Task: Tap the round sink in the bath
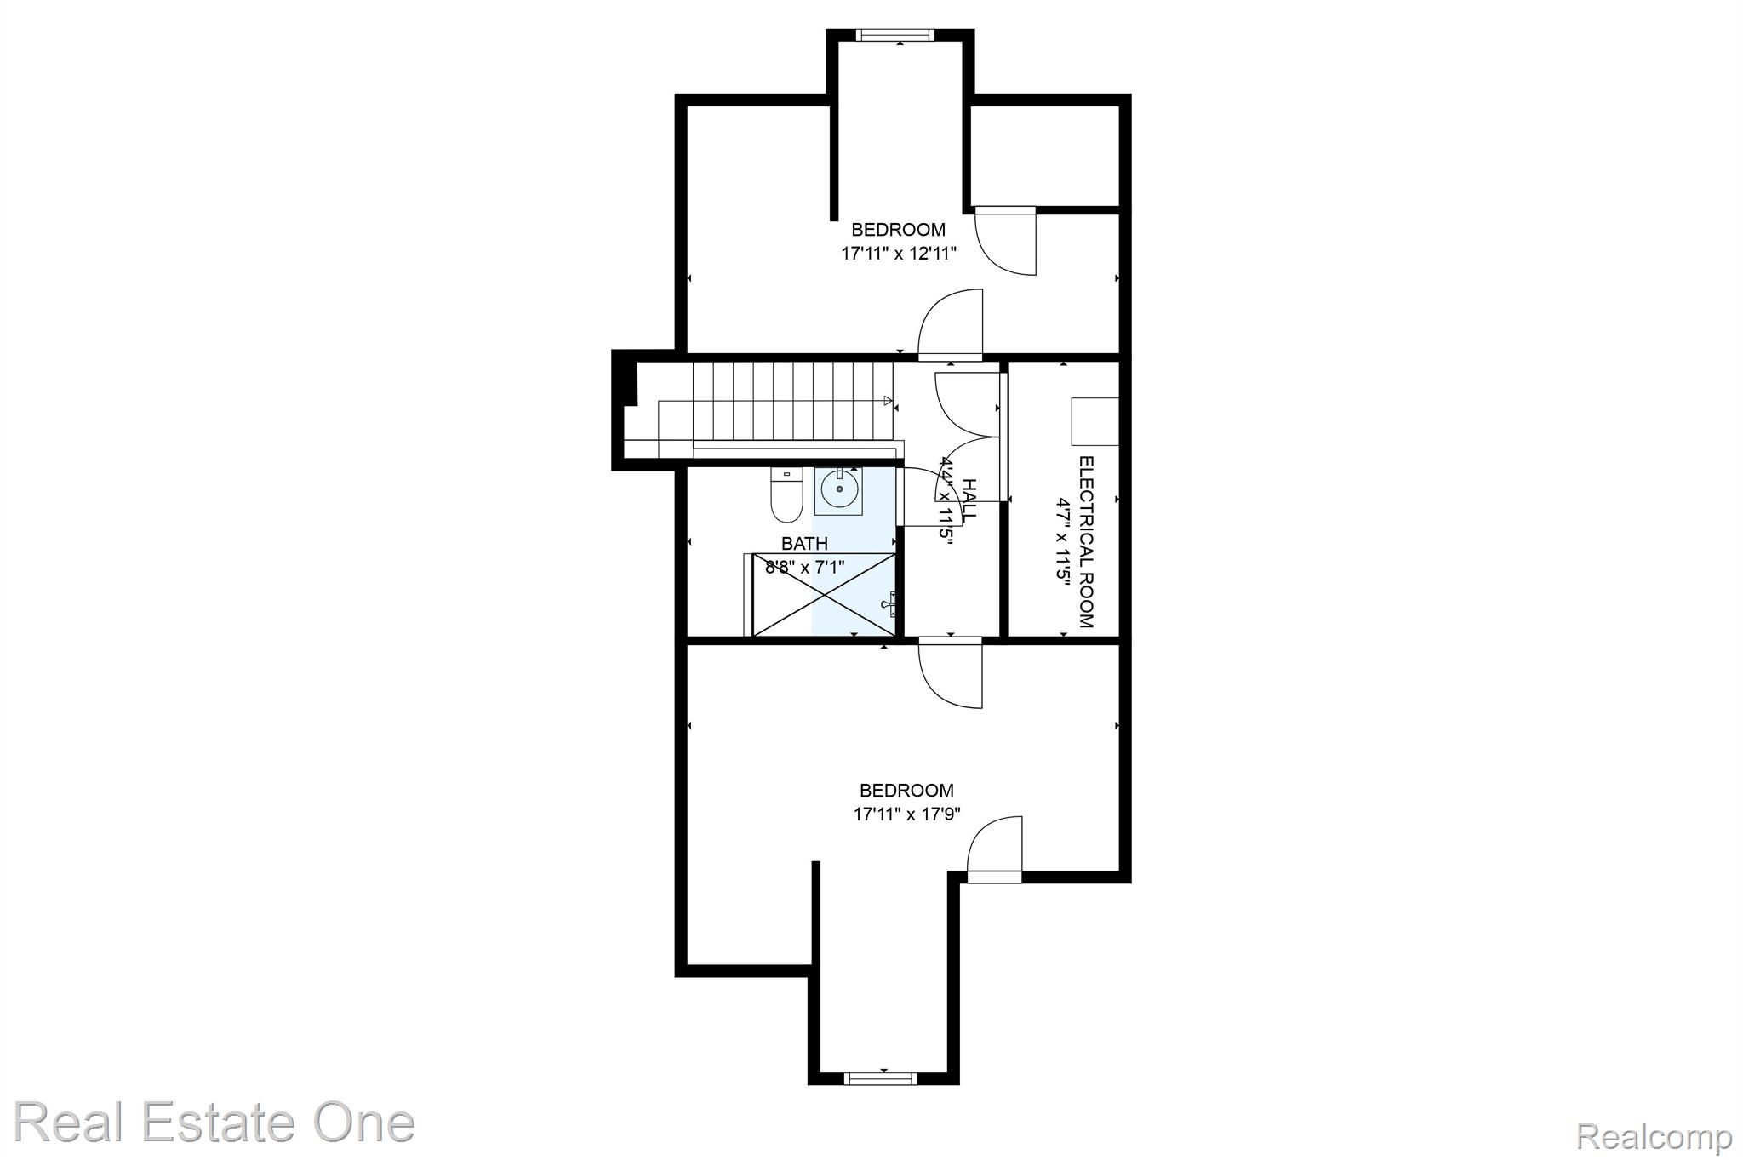pyautogui.click(x=838, y=490)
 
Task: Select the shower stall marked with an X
pyautogui.click(x=824, y=594)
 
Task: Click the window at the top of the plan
pyautogui.click(x=894, y=35)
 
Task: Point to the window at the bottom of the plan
pyautogui.click(x=883, y=1078)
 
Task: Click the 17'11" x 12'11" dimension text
pyautogui.click(x=899, y=253)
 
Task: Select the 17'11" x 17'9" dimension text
pyautogui.click(x=907, y=814)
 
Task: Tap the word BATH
pyautogui.click(x=804, y=544)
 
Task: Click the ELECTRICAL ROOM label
pyautogui.click(x=1085, y=542)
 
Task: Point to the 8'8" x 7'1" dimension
pyautogui.click(x=804, y=567)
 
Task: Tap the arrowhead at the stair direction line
pyautogui.click(x=888, y=400)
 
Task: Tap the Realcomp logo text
pyautogui.click(x=1654, y=1136)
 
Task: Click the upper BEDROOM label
pyautogui.click(x=899, y=230)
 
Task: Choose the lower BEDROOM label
pyautogui.click(x=907, y=791)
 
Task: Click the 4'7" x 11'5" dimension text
pyautogui.click(x=1062, y=541)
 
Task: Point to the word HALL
pyautogui.click(x=969, y=499)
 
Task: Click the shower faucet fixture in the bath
pyautogui.click(x=889, y=603)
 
